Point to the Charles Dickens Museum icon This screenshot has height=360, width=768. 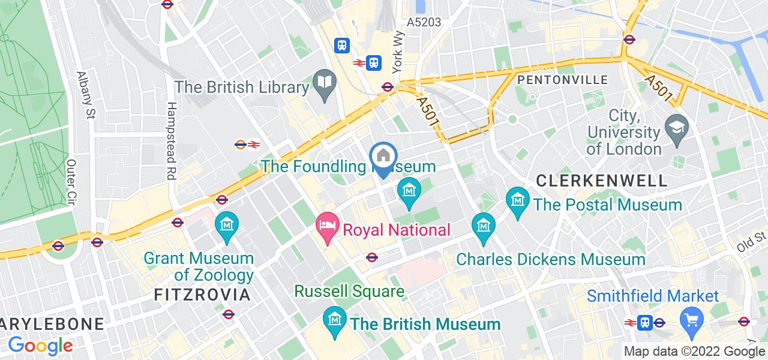483,226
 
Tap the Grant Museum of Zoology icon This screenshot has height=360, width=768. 227,225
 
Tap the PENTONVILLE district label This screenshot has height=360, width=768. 562,80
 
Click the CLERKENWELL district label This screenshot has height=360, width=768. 602,181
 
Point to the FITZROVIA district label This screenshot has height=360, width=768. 202,295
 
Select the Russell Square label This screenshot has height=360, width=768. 349,292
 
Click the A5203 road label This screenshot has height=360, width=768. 424,22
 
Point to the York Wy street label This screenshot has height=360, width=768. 397,53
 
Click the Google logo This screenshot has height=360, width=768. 40,346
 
